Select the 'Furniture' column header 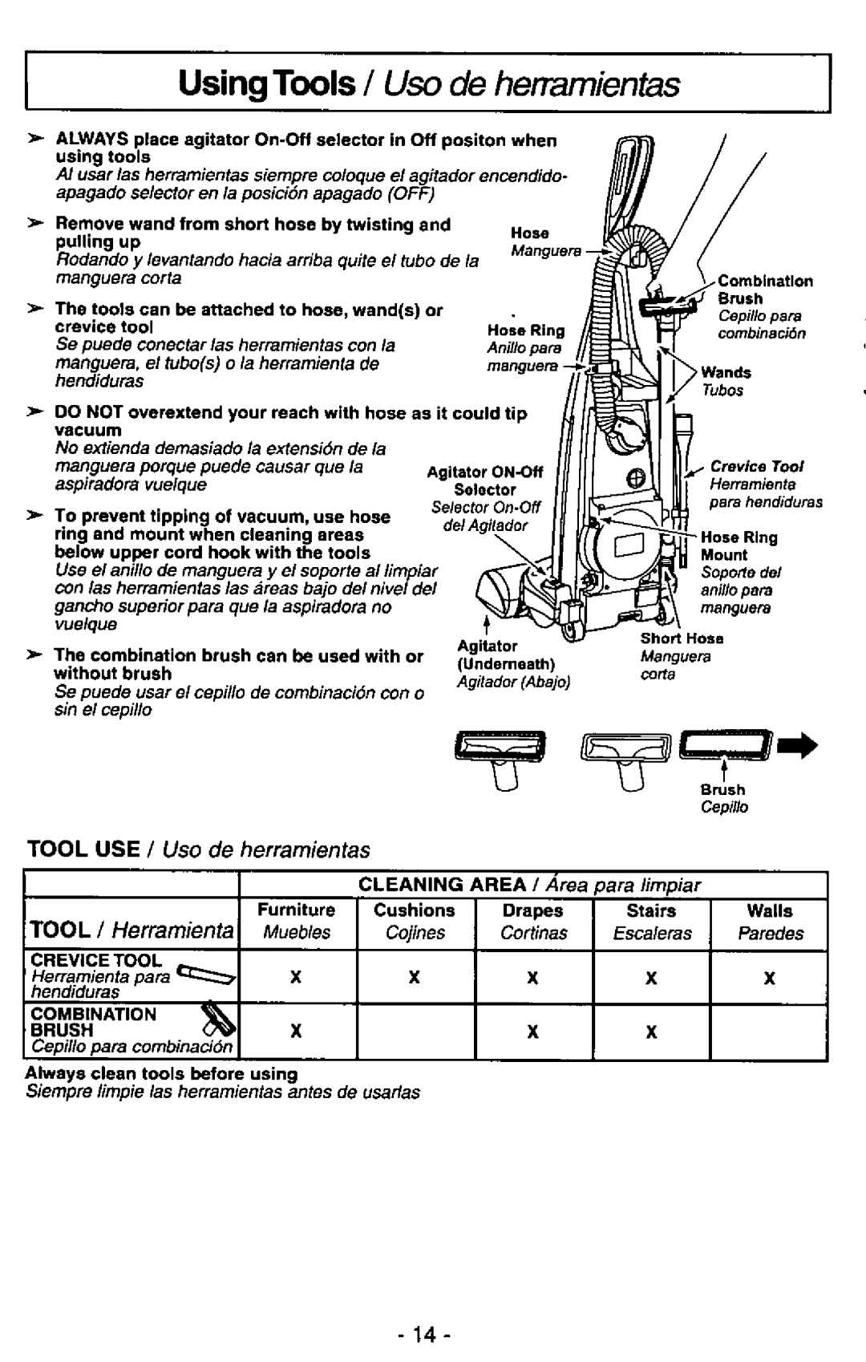(x=296, y=910)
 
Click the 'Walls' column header (x=769, y=910)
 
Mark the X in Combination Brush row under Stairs (x=651, y=1033)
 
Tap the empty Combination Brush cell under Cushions (x=415, y=1033)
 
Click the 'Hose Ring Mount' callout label (x=739, y=545)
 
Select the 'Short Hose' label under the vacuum (x=682, y=638)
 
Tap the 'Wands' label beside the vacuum (x=726, y=372)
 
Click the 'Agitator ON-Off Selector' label (x=484, y=480)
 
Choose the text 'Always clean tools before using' (x=161, y=1073)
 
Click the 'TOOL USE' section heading (x=83, y=849)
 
